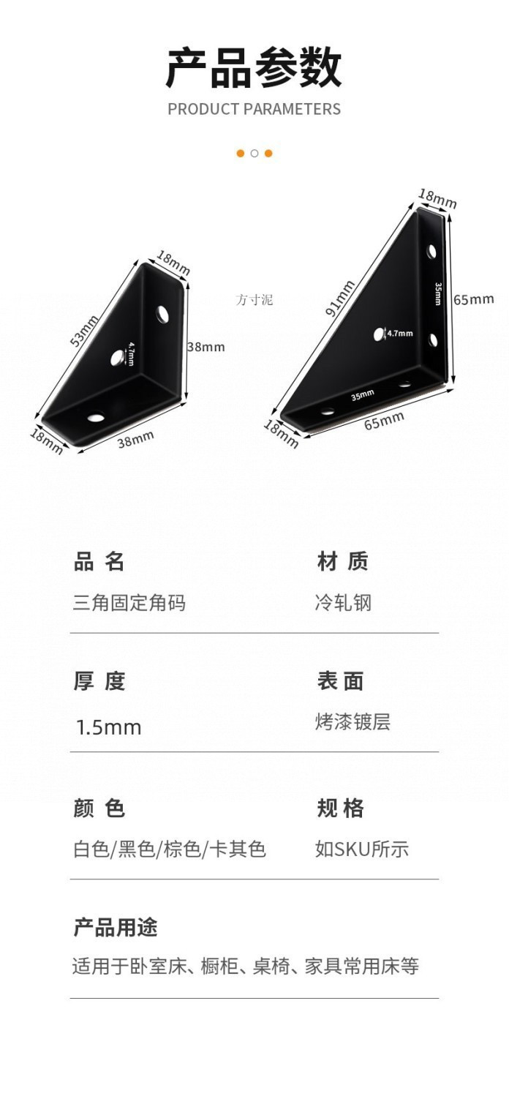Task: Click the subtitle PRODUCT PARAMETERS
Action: coord(254,109)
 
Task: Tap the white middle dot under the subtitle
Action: coord(254,153)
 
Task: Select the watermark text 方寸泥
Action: coord(254,299)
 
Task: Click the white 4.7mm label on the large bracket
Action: coord(399,334)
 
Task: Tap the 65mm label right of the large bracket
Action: coord(473,299)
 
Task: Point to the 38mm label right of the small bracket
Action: coord(206,347)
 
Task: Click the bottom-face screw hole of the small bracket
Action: coord(95,418)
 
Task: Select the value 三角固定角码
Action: coord(129,603)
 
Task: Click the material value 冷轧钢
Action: coord(343,603)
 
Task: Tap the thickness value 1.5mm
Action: coord(109,727)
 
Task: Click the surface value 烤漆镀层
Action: coord(352,721)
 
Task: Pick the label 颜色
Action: coord(99,808)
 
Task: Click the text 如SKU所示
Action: coord(361,849)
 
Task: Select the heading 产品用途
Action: coord(116,928)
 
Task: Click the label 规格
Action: coord(340,808)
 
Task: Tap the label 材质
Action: coord(342,562)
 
